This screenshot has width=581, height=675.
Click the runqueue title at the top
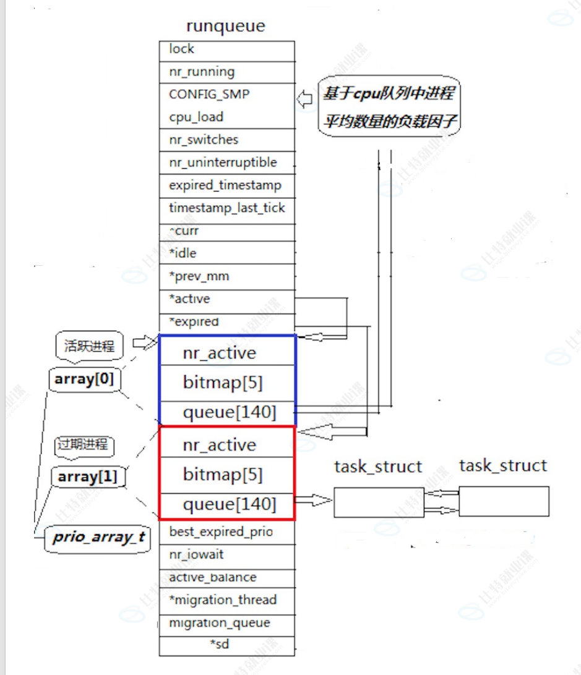225,27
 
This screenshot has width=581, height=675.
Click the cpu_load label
196,117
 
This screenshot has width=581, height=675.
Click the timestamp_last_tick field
226,208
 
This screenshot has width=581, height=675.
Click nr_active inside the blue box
219,353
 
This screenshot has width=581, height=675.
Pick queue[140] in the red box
229,504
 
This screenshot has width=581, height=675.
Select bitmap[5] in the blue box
223,383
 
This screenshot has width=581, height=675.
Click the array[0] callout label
84,380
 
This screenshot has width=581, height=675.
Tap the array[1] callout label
88,477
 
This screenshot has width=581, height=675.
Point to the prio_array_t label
98,537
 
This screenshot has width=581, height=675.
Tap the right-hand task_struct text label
503,465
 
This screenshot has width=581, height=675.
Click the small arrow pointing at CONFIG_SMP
304,99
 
